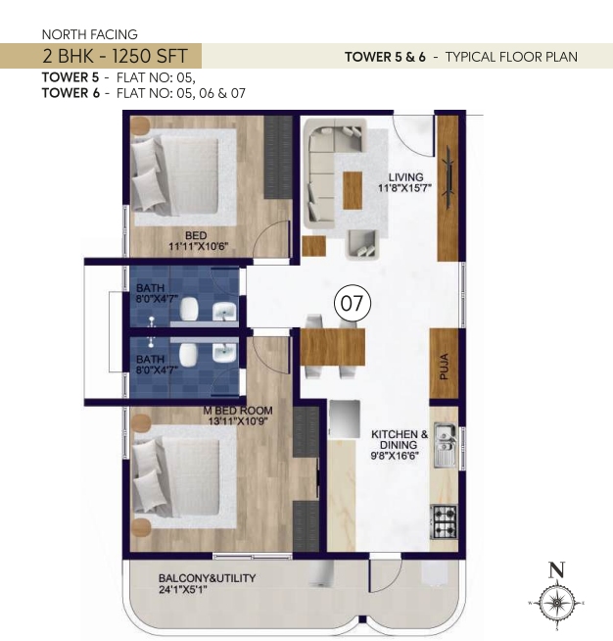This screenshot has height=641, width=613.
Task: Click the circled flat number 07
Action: pyautogui.click(x=353, y=303)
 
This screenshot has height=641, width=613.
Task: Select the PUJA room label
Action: pyautogui.click(x=445, y=367)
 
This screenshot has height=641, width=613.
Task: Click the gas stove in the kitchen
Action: pyautogui.click(x=444, y=522)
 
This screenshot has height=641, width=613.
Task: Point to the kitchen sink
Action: pyautogui.click(x=446, y=445)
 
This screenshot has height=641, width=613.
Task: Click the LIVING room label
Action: pyautogui.click(x=405, y=177)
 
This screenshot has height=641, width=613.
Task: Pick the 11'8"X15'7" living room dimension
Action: pyautogui.click(x=404, y=188)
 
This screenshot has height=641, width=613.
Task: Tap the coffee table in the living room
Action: pyautogui.click(x=353, y=190)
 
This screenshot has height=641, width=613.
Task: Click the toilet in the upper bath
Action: pyautogui.click(x=189, y=309)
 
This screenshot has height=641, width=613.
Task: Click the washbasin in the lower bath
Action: pyautogui.click(x=224, y=353)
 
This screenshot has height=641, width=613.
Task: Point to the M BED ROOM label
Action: pyautogui.click(x=238, y=411)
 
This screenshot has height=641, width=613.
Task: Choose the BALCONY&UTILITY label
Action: pyautogui.click(x=207, y=578)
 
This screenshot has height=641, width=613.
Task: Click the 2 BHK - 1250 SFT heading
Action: pyautogui.click(x=116, y=56)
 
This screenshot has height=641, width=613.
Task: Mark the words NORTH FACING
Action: pyautogui.click(x=90, y=34)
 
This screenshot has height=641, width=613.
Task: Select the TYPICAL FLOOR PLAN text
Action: pyautogui.click(x=511, y=57)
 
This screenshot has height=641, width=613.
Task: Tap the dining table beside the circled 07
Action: pyautogui.click(x=332, y=347)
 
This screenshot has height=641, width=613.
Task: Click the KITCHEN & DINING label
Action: pyautogui.click(x=400, y=439)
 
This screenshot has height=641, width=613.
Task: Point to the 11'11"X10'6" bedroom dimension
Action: pyautogui.click(x=199, y=247)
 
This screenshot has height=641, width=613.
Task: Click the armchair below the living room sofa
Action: pyautogui.click(x=361, y=244)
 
